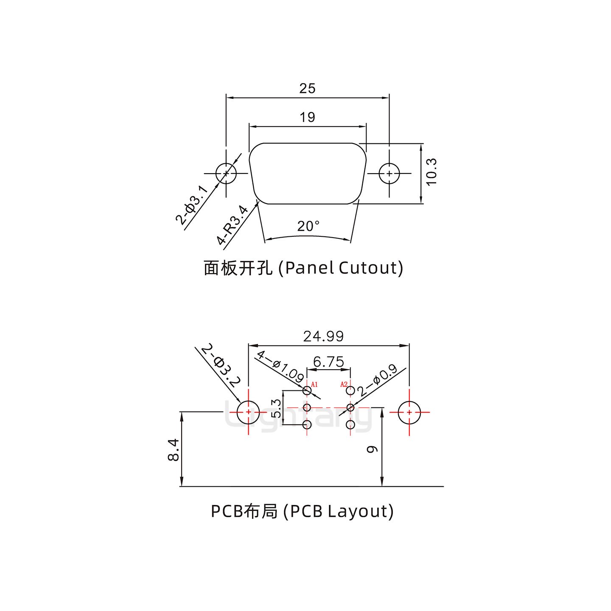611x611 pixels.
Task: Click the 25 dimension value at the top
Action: (x=307, y=88)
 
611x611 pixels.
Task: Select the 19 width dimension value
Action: (x=307, y=117)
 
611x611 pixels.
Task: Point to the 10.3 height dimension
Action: (x=431, y=171)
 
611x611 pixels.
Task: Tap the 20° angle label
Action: (x=308, y=226)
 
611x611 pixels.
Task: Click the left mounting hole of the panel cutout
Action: (x=226, y=174)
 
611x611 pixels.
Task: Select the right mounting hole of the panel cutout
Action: (x=389, y=174)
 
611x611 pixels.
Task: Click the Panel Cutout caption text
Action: (x=303, y=268)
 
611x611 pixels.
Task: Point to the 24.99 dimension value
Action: (x=323, y=336)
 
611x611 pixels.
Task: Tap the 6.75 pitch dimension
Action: (x=328, y=362)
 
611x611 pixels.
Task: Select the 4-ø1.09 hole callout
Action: (x=280, y=366)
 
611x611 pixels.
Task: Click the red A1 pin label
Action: (x=314, y=384)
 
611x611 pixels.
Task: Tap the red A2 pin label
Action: (x=344, y=384)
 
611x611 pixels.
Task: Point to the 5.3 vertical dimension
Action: (x=276, y=408)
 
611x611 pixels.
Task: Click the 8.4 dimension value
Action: (x=173, y=450)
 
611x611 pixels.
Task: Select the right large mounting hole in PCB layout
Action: (x=409, y=412)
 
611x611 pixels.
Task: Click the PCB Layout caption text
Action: (x=302, y=511)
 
